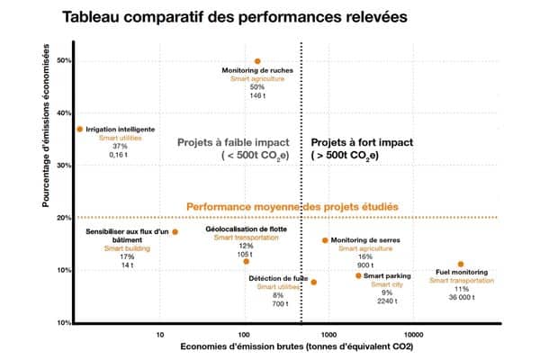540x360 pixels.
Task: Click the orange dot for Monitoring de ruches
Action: (257, 61)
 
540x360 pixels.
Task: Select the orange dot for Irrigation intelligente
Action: (79, 129)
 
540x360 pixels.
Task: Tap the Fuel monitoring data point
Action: (461, 264)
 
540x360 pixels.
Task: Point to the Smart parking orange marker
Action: (358, 275)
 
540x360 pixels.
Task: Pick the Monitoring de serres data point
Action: (325, 240)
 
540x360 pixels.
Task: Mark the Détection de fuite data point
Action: (314, 282)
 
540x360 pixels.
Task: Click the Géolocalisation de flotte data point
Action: (246, 261)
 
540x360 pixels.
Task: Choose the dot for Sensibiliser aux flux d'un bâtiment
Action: (175, 232)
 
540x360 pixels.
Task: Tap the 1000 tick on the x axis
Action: (328, 335)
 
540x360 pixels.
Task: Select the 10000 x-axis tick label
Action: (412, 335)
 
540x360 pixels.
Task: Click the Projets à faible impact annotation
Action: (235, 148)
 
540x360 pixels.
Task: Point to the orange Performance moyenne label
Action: (292, 207)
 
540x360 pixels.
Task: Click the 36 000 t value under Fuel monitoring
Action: (462, 297)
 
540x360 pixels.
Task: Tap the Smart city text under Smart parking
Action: (387, 283)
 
